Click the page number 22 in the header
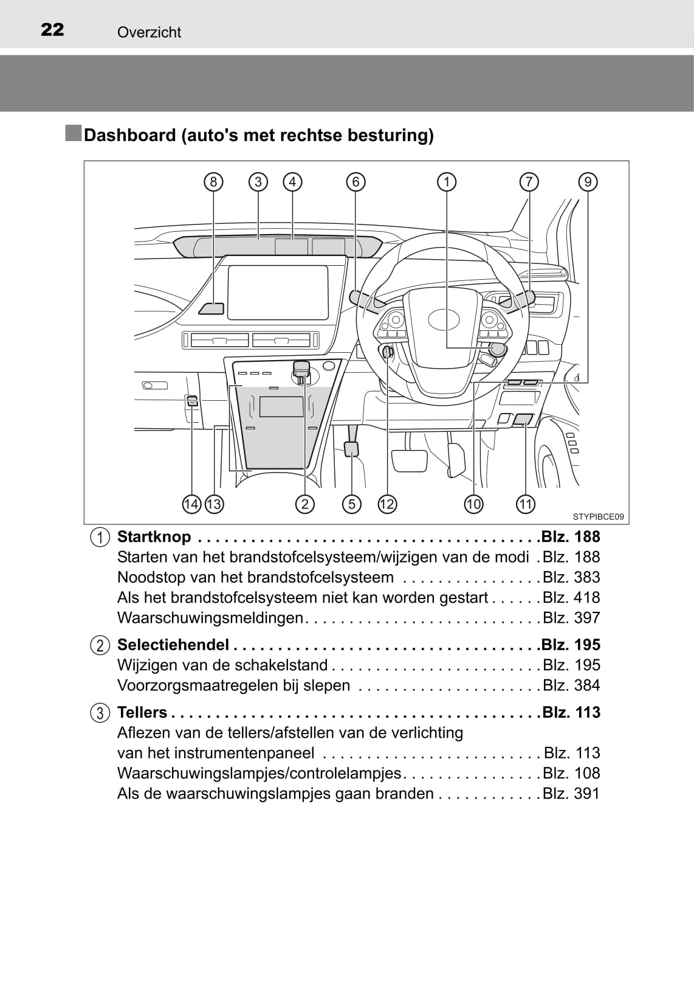click(52, 30)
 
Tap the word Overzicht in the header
click(149, 32)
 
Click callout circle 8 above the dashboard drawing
click(213, 182)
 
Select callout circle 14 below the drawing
click(191, 504)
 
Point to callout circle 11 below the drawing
click(525, 504)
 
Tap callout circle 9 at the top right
click(588, 182)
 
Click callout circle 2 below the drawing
click(304, 504)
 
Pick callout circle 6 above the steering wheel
click(356, 182)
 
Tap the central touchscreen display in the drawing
click(278, 293)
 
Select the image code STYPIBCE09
click(598, 517)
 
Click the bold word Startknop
click(154, 536)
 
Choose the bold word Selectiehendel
click(173, 645)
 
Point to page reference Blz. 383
click(571, 577)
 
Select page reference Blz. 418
click(571, 597)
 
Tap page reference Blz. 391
click(571, 794)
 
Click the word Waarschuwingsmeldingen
click(210, 618)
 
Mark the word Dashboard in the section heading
click(129, 135)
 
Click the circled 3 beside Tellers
click(100, 713)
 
